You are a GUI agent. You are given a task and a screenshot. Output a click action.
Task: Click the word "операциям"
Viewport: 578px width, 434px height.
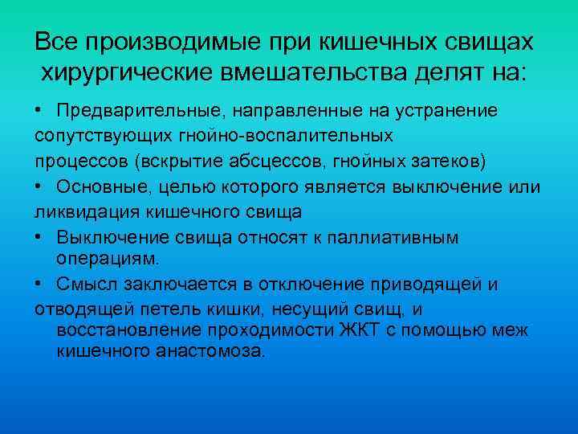click(x=108, y=258)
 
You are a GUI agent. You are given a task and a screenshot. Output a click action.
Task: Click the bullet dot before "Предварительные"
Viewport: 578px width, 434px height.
click(x=39, y=110)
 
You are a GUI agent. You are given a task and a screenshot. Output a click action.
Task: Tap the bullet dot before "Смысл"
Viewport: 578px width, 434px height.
click(x=39, y=285)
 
